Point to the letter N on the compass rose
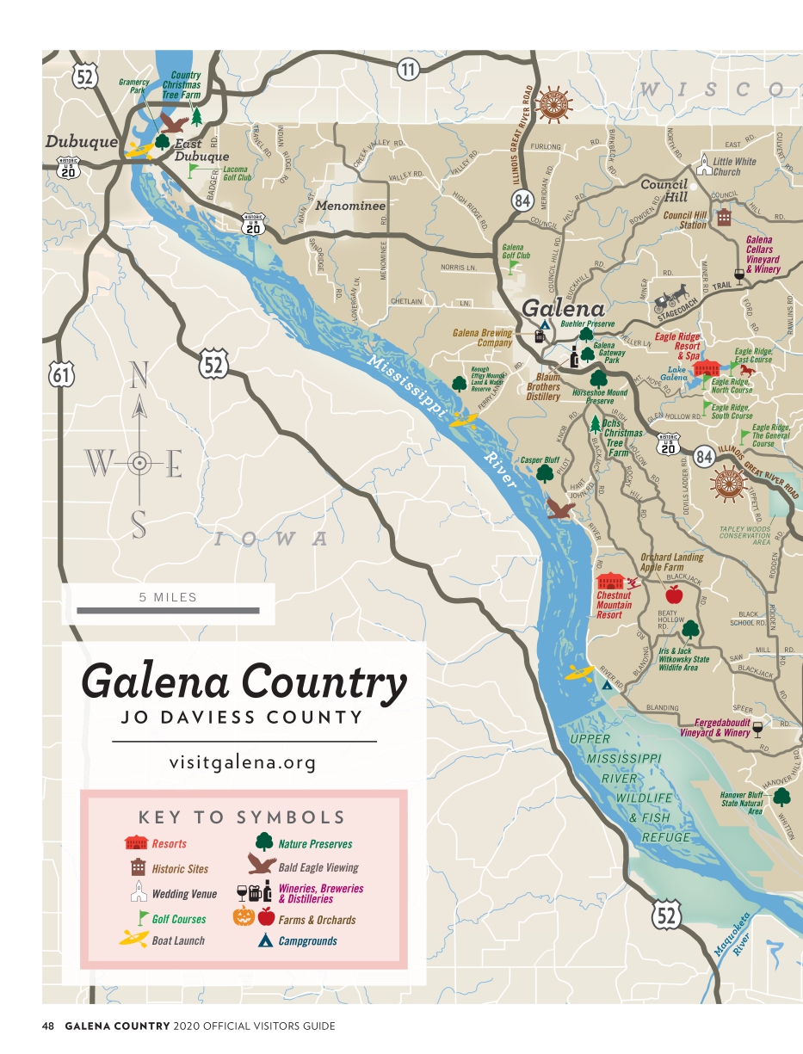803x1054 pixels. [138, 375]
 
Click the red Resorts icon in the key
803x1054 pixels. [137, 842]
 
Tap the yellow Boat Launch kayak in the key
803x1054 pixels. [134, 940]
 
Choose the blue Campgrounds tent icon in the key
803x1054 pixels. [266, 940]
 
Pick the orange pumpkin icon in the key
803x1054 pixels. [244, 916]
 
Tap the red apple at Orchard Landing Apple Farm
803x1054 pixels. [674, 594]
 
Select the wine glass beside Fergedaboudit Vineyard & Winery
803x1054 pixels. [757, 730]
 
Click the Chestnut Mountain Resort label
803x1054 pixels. [614, 605]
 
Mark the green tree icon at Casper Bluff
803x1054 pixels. [545, 474]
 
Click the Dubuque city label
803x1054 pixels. [81, 142]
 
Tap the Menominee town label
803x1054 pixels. [349, 206]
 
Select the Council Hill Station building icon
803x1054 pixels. [724, 216]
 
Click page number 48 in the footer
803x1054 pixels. [48, 1026]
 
